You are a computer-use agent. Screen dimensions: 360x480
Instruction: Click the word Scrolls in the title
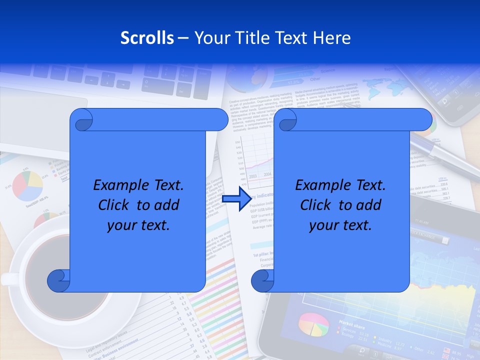[x=147, y=38]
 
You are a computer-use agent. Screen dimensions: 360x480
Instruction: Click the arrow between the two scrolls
[x=236, y=198]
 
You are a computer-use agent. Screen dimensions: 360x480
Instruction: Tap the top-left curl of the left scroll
[x=81, y=120]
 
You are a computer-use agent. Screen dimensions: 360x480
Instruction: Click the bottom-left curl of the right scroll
[x=262, y=280]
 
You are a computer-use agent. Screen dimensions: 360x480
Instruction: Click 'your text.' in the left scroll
[x=138, y=225]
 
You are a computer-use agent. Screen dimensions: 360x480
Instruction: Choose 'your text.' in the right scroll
[x=340, y=225]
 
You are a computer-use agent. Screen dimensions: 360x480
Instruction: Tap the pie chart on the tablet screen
[x=313, y=324]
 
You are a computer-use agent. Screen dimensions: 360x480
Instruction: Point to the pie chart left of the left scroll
[x=27, y=185]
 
